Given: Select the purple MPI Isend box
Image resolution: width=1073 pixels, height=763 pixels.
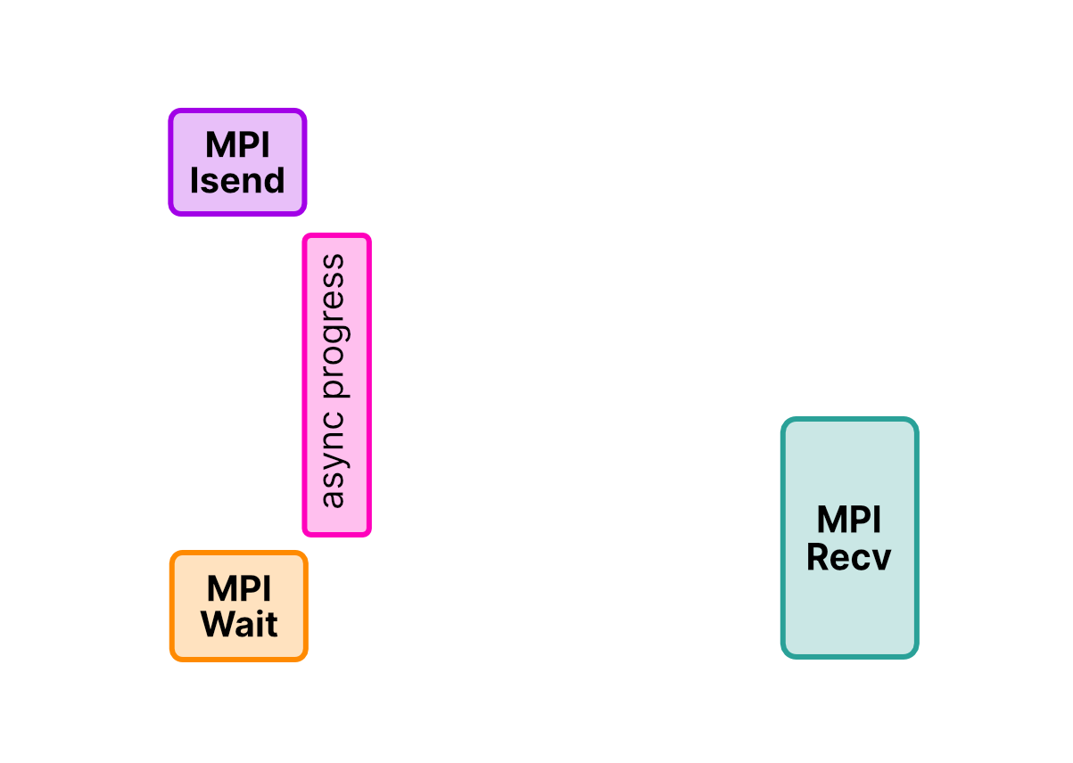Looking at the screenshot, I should click(237, 161).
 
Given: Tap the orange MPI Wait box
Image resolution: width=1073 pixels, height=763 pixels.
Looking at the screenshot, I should click(238, 605).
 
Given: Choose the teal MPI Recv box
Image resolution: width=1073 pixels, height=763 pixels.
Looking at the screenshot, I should click(849, 537).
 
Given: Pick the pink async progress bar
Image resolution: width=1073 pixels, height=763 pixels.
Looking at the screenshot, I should click(336, 384).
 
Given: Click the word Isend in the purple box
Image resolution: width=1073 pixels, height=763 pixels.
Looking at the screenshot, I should click(237, 181).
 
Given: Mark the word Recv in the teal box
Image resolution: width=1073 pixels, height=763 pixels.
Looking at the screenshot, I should click(849, 557).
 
